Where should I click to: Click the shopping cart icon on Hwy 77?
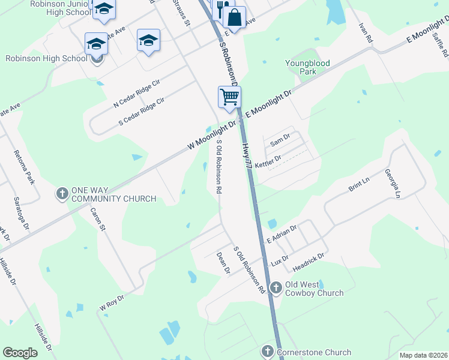click(229, 97)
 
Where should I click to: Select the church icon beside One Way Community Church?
click(62, 194)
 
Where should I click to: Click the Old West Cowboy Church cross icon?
click(276, 288)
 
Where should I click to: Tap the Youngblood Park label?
click(309, 67)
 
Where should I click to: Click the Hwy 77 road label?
click(248, 152)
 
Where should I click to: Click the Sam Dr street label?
click(280, 142)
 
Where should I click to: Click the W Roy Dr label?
click(112, 301)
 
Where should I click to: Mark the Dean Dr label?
click(223, 263)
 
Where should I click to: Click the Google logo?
click(20, 353)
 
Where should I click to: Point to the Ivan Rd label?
click(366, 32)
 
